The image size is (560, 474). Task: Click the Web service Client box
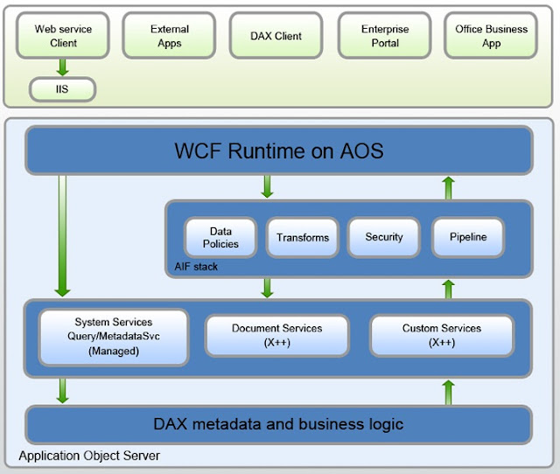(x=63, y=35)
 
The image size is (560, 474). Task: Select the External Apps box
(x=169, y=35)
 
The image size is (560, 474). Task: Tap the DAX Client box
(x=277, y=36)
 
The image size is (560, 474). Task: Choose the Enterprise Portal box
(x=384, y=35)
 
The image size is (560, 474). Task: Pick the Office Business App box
(x=491, y=35)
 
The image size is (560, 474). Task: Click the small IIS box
(x=62, y=88)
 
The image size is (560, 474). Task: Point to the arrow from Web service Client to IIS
(x=62, y=66)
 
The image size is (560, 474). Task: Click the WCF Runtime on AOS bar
(x=278, y=150)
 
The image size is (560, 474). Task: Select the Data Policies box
(x=220, y=237)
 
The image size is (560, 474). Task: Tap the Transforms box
(x=303, y=237)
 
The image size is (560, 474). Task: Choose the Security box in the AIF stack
(x=384, y=237)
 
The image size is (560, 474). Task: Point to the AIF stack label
(x=195, y=267)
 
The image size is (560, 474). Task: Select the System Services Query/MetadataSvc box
(x=114, y=337)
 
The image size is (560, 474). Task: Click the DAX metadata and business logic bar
(x=278, y=424)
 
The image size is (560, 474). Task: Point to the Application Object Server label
(x=89, y=456)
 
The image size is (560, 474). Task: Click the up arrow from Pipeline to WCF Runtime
(x=448, y=186)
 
